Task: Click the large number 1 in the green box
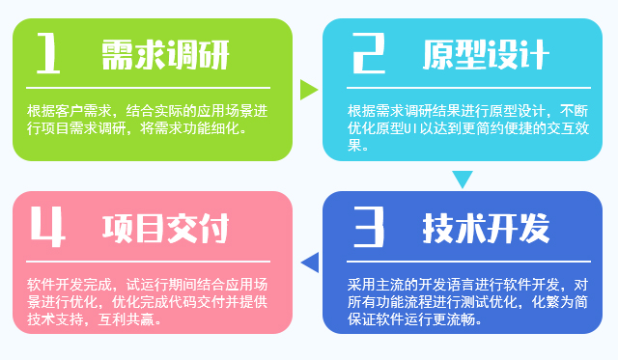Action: [48, 53]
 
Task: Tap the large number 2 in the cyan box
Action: [369, 53]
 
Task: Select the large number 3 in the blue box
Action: [369, 227]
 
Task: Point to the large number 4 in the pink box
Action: [47, 227]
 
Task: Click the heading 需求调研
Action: [165, 55]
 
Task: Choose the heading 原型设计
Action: [486, 55]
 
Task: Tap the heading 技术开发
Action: [486, 229]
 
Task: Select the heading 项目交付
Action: [165, 229]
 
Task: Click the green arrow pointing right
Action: [308, 90]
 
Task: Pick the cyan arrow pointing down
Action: [463, 179]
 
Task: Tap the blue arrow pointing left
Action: [311, 263]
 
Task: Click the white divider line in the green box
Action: [148, 88]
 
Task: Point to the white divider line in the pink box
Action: [148, 262]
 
